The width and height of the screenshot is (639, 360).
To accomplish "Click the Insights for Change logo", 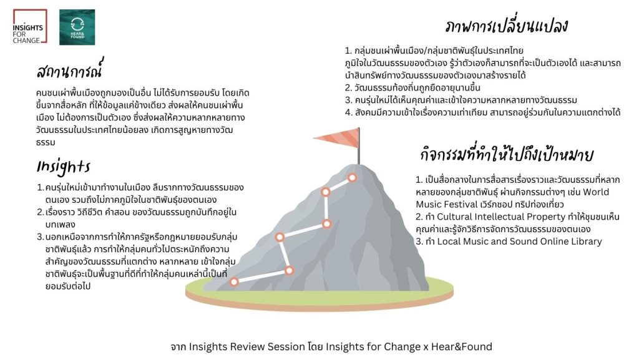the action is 30,26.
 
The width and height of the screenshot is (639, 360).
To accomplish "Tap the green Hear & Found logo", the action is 77,27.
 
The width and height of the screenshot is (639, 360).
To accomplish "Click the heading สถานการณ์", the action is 69,69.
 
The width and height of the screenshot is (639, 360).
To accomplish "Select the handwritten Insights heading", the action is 63,167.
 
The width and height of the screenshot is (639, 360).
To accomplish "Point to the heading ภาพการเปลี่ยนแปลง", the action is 507,26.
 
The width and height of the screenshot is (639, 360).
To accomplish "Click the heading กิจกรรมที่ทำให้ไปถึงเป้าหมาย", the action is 507,155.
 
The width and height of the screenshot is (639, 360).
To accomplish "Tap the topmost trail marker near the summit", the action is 352,178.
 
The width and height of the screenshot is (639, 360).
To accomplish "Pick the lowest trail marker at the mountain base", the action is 234,282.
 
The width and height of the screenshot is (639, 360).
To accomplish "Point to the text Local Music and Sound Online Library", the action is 520,241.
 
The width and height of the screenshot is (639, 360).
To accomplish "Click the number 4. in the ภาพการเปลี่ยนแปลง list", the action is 348,112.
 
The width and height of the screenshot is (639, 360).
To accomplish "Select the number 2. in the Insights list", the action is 41,212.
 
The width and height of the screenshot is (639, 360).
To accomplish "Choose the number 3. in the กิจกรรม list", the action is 419,241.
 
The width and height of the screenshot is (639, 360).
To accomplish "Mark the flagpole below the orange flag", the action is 359,146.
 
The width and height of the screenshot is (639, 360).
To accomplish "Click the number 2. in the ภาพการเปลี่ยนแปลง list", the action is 348,88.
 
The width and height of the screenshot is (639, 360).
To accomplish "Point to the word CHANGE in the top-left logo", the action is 26,41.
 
